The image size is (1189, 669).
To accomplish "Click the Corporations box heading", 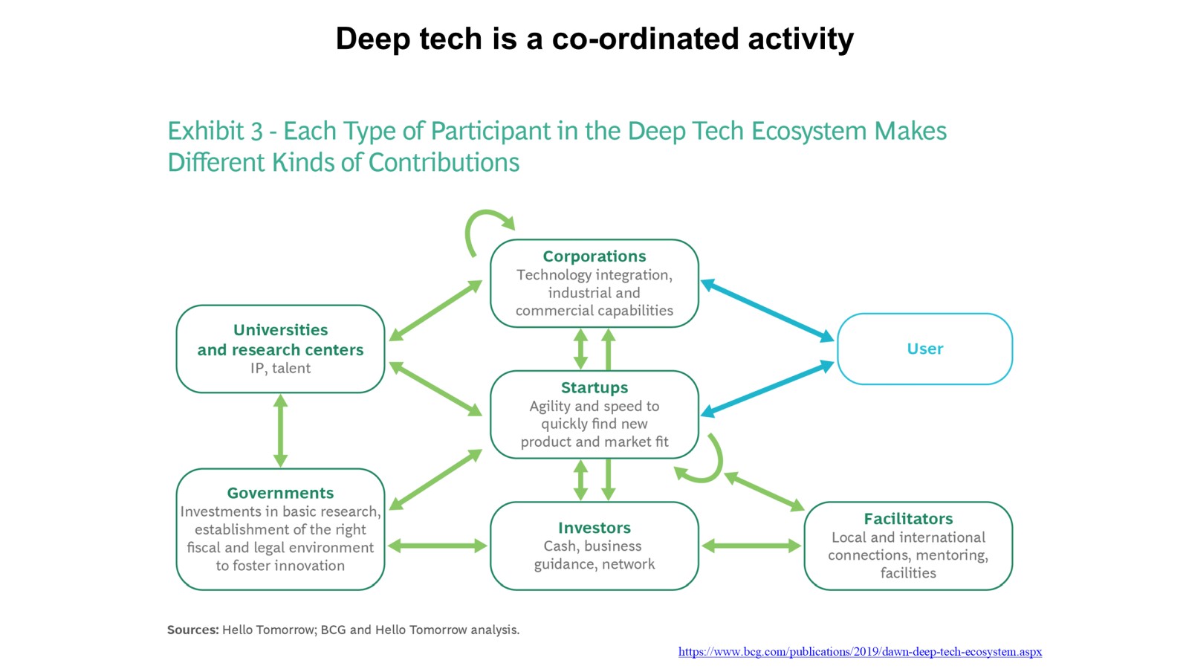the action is point(594,256).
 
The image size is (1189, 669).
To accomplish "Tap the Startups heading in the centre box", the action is point(594,387).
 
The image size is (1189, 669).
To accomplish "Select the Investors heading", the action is point(594,528).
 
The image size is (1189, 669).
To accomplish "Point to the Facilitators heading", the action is point(907,519).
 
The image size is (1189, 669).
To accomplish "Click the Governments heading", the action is point(280,494).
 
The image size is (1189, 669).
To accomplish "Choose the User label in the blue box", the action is point(924,349).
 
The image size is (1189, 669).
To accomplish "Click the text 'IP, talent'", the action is point(280,369).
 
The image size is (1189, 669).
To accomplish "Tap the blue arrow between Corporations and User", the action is point(767,311).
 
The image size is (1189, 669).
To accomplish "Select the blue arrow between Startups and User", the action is point(767,389).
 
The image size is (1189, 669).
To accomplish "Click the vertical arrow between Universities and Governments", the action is point(280,430).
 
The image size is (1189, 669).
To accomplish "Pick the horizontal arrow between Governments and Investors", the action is point(438,546).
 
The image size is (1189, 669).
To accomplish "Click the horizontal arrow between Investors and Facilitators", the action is point(751,546).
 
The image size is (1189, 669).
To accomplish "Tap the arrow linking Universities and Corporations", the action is point(435,311).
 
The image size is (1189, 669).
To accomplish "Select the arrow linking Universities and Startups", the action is point(435,389).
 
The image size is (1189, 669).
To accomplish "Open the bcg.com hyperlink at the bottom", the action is point(860,651).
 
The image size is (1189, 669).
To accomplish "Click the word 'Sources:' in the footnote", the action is point(192,630).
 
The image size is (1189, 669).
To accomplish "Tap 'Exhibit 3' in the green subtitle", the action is point(215,131).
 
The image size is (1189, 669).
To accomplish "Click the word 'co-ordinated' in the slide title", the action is point(645,39).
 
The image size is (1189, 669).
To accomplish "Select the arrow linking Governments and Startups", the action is point(435,479).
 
